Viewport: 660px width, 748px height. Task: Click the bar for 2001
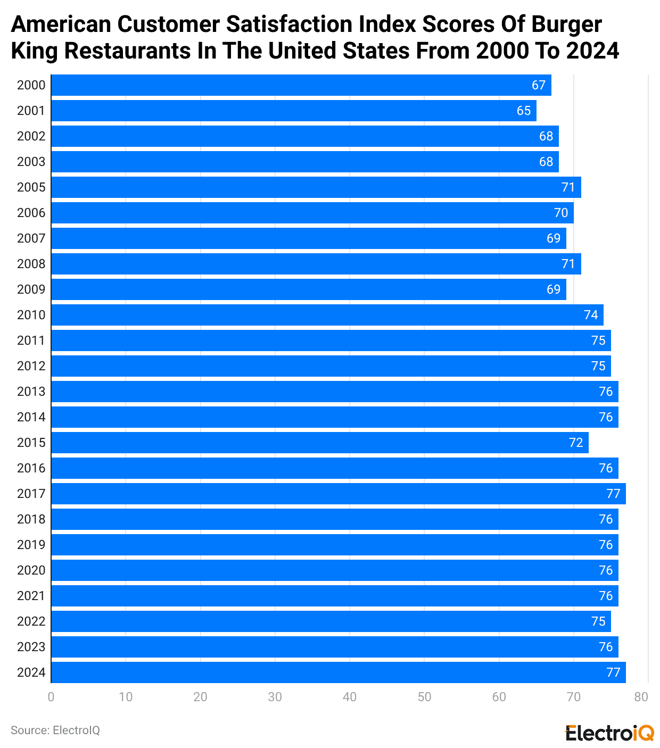[x=293, y=111]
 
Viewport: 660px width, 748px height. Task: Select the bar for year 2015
[x=319, y=443]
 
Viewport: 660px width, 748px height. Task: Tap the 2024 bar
[x=338, y=672]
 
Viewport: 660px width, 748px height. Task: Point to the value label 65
[x=524, y=111]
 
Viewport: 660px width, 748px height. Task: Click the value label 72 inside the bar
[x=576, y=443]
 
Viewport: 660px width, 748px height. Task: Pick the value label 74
[x=591, y=315]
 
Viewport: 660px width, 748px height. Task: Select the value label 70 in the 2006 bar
[x=561, y=213]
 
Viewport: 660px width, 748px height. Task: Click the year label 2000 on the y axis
[x=31, y=85]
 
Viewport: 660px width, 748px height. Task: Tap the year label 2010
[x=31, y=315]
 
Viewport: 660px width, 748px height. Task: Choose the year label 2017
[x=31, y=494]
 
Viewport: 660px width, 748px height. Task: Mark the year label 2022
[x=31, y=621]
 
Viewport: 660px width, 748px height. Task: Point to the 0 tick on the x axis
[x=51, y=697]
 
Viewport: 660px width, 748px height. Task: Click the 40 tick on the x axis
[x=350, y=697]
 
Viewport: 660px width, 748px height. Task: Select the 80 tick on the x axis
[x=641, y=697]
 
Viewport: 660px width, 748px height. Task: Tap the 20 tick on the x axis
[x=200, y=697]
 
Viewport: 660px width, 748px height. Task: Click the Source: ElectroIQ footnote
[x=55, y=730]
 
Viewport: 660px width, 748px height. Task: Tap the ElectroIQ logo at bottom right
[x=609, y=733]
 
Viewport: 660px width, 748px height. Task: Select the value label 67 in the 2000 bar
[x=539, y=85]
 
